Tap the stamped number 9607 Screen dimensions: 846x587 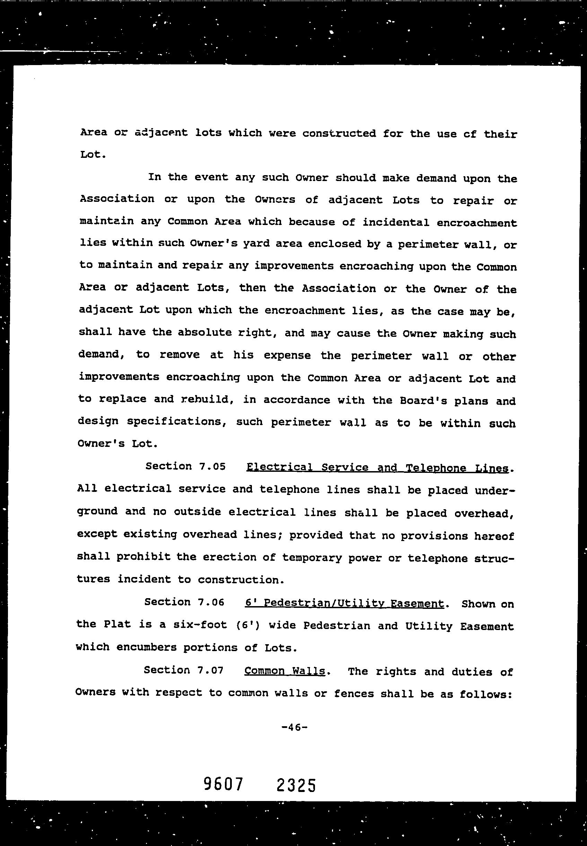223,785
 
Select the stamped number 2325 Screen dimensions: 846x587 296,785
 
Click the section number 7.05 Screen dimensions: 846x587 212,467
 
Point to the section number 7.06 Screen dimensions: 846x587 211,602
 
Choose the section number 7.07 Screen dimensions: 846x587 210,670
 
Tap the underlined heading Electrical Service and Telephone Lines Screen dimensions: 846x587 377,468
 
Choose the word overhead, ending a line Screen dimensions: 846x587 484,513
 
